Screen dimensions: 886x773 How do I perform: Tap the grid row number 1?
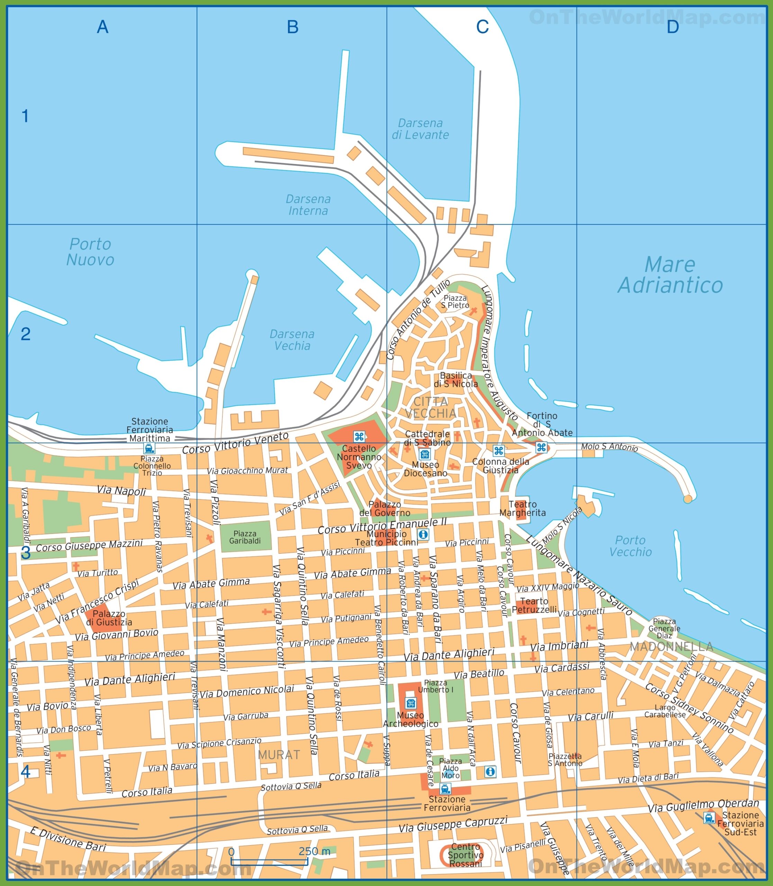coord(25,116)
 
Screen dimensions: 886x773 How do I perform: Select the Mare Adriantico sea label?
coord(670,275)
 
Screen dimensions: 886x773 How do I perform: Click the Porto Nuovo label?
coord(90,252)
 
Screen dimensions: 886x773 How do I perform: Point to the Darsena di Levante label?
coord(420,129)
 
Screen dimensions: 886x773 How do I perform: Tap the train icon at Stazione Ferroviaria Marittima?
coord(149,448)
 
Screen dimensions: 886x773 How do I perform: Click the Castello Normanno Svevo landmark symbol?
coord(359,436)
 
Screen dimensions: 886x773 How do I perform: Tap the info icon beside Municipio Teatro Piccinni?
coord(423,534)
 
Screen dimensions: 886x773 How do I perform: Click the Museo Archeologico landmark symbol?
coord(410,704)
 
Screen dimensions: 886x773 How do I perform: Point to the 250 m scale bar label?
coord(315,851)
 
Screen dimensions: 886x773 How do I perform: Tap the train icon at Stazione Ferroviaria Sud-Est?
coord(708,817)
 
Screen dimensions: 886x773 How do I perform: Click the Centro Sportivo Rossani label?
coord(465,855)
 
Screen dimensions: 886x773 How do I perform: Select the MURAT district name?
coord(279,754)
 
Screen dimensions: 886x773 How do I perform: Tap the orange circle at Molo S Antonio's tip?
coord(688,499)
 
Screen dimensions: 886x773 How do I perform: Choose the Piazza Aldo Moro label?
coord(451,768)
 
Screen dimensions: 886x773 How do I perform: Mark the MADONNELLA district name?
coord(671,646)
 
